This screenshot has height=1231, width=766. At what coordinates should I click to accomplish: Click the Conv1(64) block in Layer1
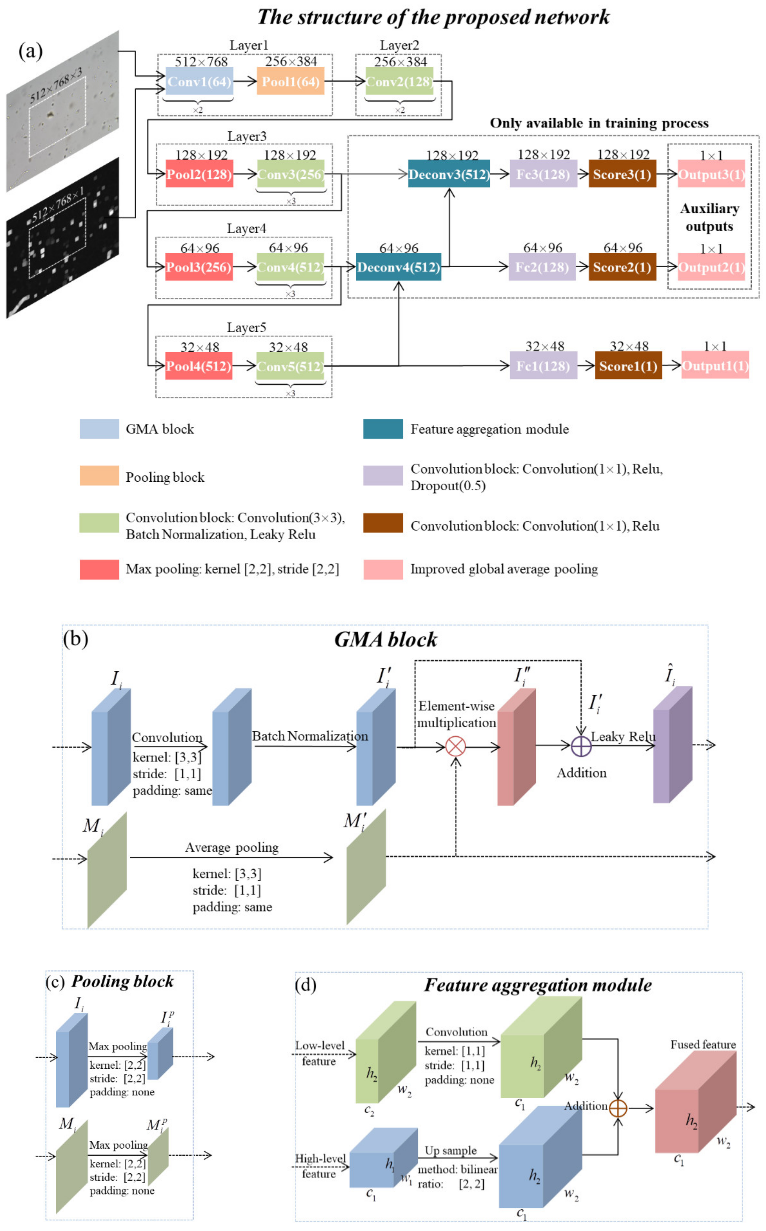(x=199, y=81)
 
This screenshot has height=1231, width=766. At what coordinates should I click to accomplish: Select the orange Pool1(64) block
(x=290, y=81)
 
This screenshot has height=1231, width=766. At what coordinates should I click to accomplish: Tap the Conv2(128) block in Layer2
(x=399, y=81)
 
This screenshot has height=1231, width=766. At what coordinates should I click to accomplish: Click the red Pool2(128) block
(x=199, y=174)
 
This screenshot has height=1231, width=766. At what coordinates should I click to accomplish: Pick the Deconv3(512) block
(x=449, y=174)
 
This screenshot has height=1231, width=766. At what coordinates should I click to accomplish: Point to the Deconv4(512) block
(x=398, y=267)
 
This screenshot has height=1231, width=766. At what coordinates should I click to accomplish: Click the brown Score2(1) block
(x=622, y=267)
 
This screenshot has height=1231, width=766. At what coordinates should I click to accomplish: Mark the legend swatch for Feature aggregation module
(x=383, y=429)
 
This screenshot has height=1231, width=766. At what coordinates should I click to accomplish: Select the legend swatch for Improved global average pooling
(x=383, y=569)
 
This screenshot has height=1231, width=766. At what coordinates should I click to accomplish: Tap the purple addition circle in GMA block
(x=581, y=746)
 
